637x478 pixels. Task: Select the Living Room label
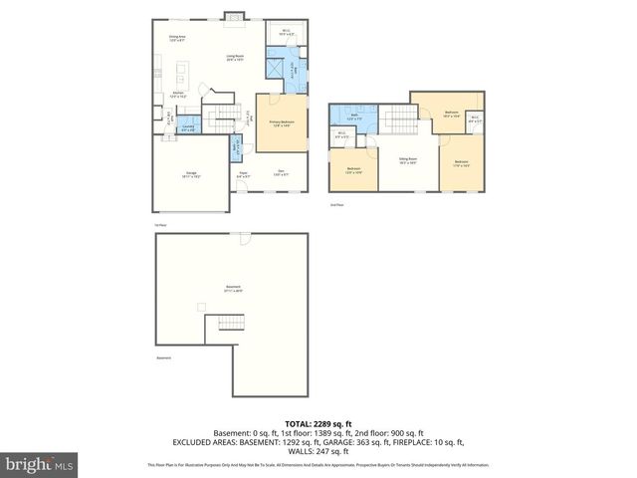click(x=236, y=58)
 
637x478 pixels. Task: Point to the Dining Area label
click(x=177, y=39)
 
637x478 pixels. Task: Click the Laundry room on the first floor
click(x=187, y=126)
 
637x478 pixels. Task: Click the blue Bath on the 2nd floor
click(x=355, y=117)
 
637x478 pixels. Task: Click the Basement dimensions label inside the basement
click(x=233, y=289)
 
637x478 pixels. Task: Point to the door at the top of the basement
click(x=243, y=237)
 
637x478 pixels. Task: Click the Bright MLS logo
click(x=40, y=465)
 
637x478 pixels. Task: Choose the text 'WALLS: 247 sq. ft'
click(x=318, y=449)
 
